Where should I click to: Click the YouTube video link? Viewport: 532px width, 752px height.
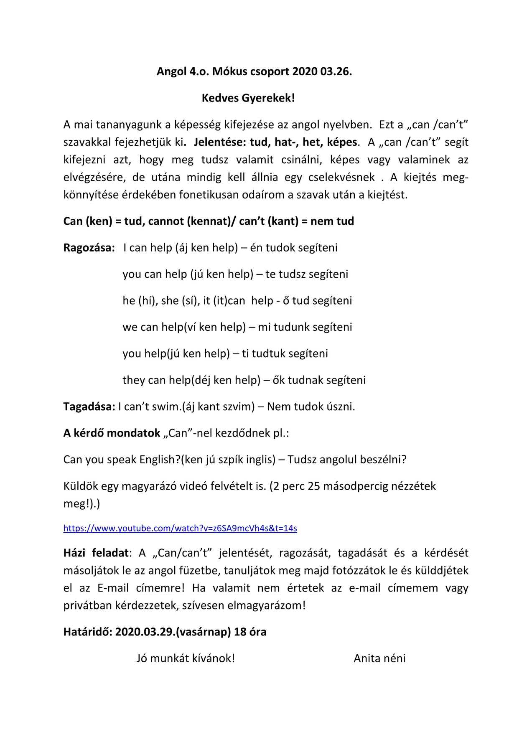pos(180,528)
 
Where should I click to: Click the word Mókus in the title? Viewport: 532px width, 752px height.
pos(229,72)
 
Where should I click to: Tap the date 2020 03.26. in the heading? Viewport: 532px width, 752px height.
pos(322,72)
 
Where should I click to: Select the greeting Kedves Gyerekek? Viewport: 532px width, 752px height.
pos(248,98)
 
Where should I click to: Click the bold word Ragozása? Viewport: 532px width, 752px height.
pos(89,248)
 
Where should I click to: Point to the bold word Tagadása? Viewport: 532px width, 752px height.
pos(89,406)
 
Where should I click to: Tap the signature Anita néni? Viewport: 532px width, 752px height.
pos(379,658)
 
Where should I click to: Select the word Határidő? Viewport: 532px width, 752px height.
pos(87,632)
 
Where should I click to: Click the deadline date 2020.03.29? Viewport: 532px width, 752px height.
pos(144,632)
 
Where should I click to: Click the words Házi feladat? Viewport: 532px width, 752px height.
pos(96,553)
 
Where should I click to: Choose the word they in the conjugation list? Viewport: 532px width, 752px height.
pos(133,380)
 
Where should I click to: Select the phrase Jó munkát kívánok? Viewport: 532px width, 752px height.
pos(186,658)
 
